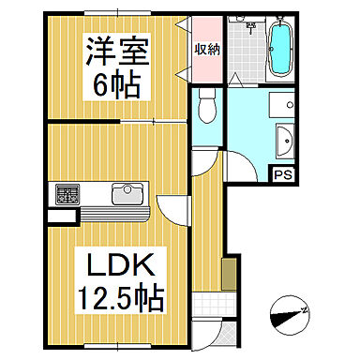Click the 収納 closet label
(206, 49)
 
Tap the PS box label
(280, 172)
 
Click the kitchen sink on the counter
(125, 194)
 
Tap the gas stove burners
(67, 195)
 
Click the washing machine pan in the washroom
(280, 104)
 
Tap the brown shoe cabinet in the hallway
(228, 276)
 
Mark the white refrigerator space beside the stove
(60, 217)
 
